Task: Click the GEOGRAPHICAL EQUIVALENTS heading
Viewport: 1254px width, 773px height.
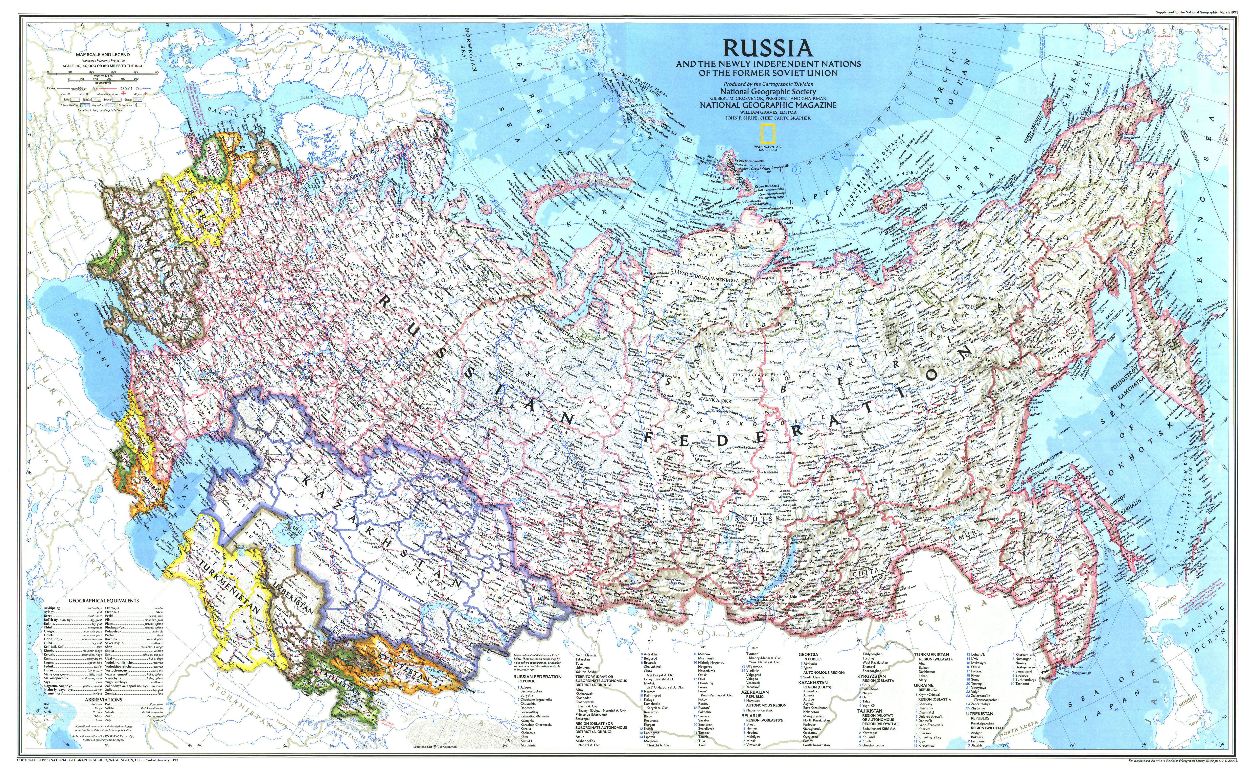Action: pyautogui.click(x=104, y=601)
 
